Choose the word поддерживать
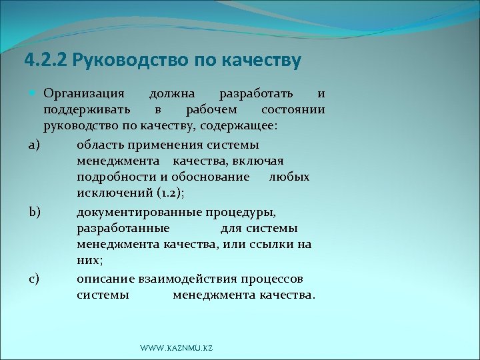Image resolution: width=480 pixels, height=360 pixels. pos(87,109)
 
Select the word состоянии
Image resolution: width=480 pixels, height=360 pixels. pos(293,109)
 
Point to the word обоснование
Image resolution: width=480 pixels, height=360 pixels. pos(211,177)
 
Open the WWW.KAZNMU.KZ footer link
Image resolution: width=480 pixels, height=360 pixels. pos(177,349)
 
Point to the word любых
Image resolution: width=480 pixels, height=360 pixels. pos(289,177)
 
